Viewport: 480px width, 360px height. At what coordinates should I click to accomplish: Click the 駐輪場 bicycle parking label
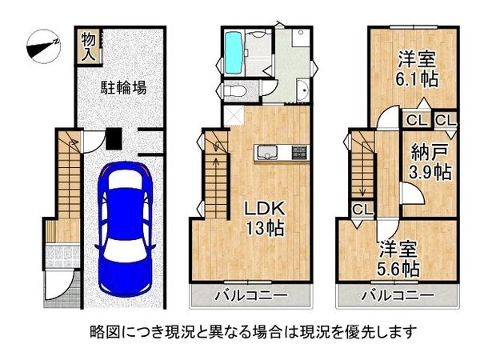(x=122, y=88)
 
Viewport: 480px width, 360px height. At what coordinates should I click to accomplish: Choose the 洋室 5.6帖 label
(x=398, y=258)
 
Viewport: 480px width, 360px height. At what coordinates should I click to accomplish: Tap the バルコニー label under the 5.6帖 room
(x=396, y=297)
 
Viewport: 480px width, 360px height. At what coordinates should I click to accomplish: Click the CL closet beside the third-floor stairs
(x=361, y=210)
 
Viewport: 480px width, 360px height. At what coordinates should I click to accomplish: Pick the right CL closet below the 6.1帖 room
(x=445, y=120)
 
